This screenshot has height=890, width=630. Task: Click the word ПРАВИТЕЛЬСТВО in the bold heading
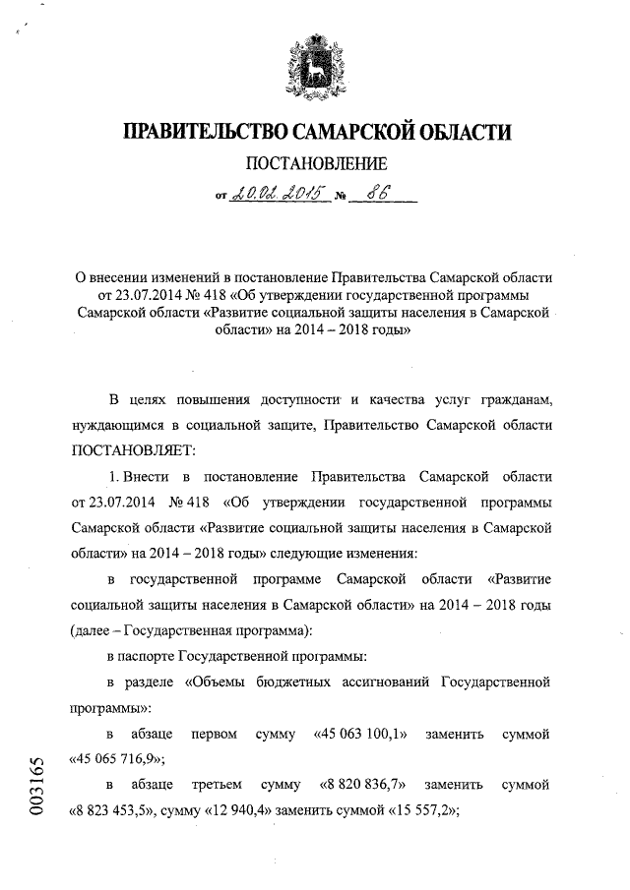click(x=187, y=131)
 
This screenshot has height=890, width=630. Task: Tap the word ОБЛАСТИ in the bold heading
click(x=463, y=131)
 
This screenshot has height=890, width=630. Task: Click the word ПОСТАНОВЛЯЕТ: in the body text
click(x=135, y=450)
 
